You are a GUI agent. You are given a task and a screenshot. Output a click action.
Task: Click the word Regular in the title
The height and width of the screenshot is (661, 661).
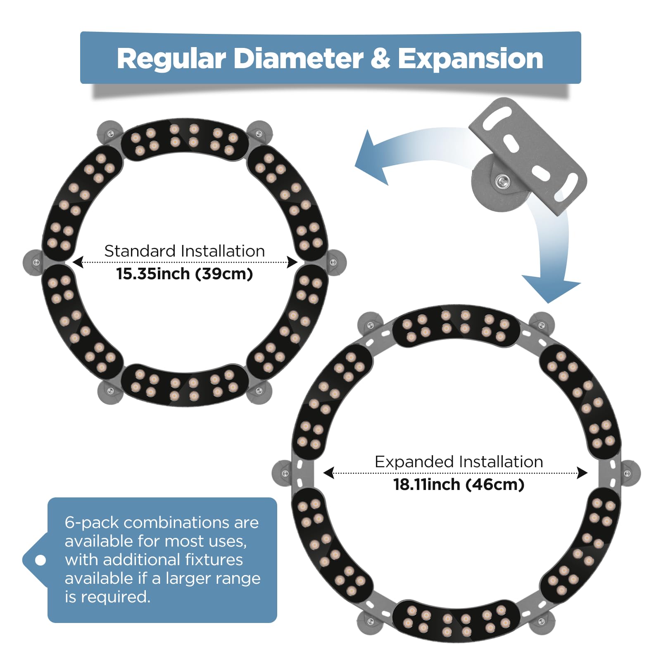[x=171, y=59]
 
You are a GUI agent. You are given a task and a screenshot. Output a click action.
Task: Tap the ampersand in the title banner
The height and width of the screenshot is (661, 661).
[x=380, y=58]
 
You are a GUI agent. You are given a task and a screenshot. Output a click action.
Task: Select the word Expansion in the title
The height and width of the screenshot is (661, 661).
[x=470, y=59]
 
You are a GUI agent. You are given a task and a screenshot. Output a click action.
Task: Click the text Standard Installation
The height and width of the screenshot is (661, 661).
[x=184, y=251]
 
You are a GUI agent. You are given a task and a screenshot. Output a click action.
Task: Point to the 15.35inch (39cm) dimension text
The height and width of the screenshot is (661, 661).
[x=184, y=273]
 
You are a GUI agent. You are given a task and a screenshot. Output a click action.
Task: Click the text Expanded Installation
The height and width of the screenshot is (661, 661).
[x=459, y=461]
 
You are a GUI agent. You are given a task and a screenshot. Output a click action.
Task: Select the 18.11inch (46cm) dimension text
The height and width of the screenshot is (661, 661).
[x=459, y=484]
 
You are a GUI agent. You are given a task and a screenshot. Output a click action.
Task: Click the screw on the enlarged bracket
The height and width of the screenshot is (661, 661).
[x=503, y=181]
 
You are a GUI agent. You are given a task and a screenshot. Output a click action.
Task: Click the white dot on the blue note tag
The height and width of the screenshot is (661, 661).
[x=40, y=560]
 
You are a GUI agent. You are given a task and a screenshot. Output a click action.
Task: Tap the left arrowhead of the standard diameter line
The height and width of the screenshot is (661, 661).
[x=78, y=262]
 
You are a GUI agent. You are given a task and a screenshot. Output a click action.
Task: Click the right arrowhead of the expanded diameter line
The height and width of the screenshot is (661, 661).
[x=582, y=473]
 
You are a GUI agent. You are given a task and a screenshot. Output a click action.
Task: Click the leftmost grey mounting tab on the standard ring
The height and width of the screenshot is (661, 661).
[x=34, y=262]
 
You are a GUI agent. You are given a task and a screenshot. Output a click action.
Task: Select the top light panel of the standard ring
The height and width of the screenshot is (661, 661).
[x=184, y=139]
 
